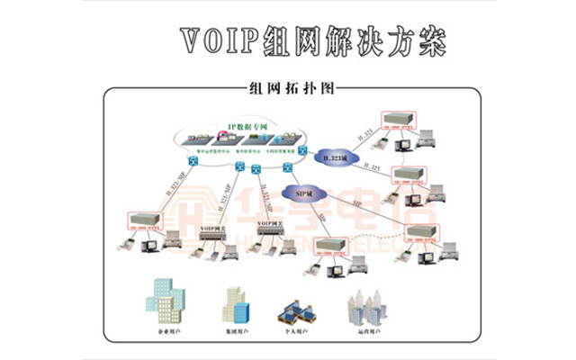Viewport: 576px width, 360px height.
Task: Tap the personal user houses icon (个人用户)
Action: click(x=298, y=309)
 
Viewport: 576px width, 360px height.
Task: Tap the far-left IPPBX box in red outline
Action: click(x=143, y=219)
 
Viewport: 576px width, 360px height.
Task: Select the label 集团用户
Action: click(x=238, y=332)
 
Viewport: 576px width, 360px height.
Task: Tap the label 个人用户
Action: click(x=300, y=332)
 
